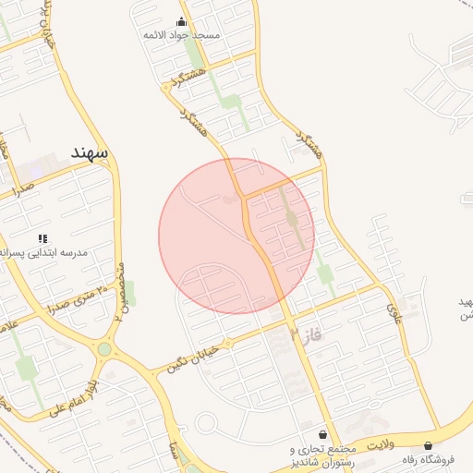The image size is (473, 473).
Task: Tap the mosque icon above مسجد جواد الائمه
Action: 180,21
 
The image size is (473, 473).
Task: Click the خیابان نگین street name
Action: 191,357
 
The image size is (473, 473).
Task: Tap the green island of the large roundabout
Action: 104,349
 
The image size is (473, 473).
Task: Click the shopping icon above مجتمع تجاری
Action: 321,434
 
